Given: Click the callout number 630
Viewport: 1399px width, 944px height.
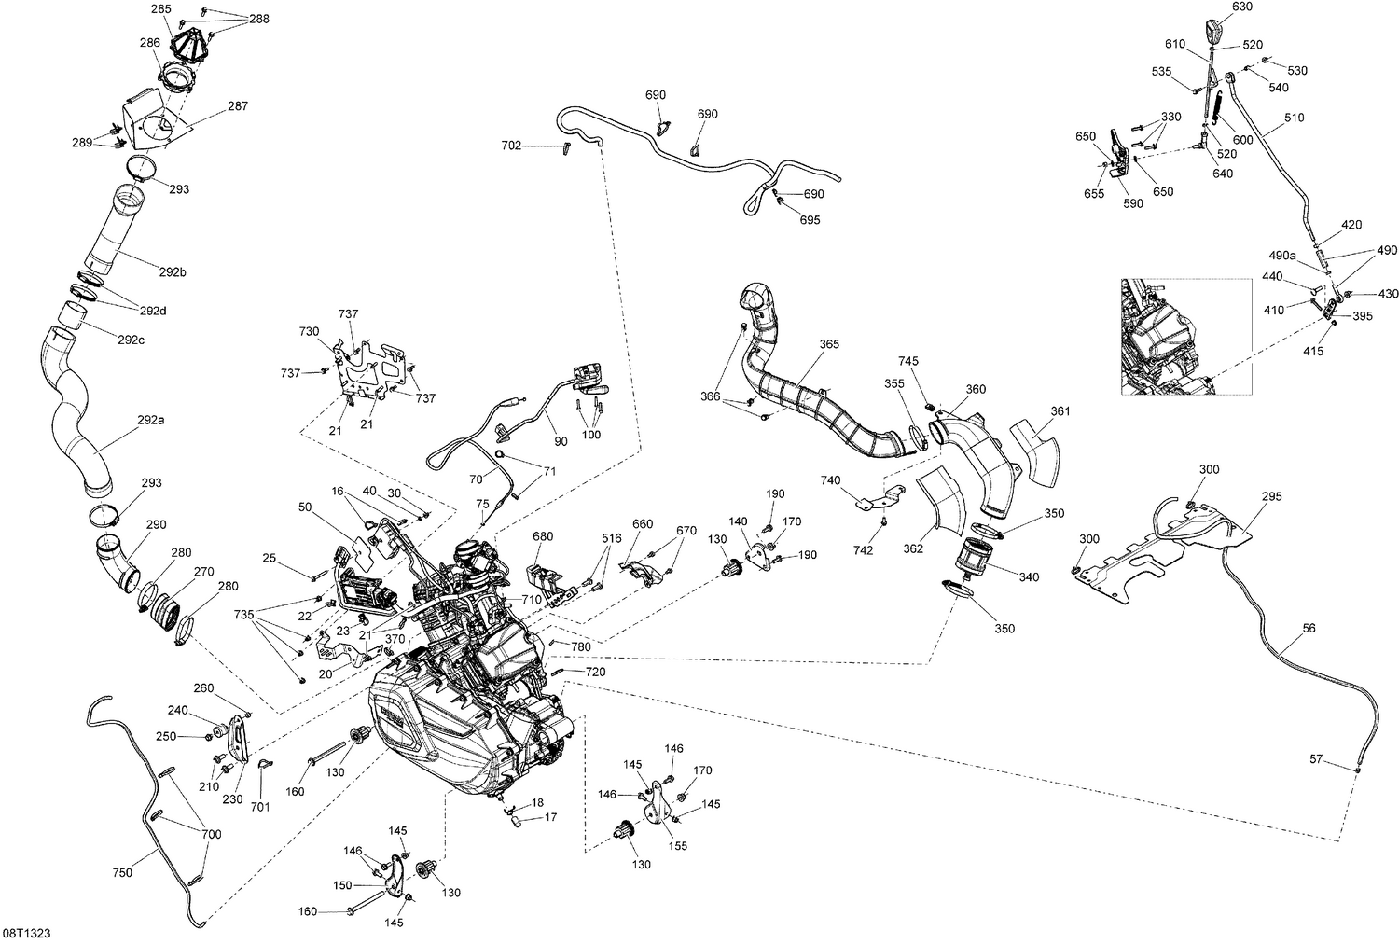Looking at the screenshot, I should click(1241, 7).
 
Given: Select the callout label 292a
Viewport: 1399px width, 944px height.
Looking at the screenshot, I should click(150, 421).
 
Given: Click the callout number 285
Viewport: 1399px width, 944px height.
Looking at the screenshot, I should click(160, 9).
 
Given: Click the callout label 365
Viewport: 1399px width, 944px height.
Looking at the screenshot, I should click(829, 344).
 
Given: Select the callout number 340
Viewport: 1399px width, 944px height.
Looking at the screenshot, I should click(1028, 577).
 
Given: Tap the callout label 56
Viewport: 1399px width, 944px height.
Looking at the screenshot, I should click(1309, 629).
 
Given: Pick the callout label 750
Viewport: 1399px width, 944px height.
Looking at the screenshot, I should click(122, 872).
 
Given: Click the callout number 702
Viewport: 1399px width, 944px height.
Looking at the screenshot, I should click(511, 146).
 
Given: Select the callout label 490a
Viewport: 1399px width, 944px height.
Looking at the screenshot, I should click(1282, 256).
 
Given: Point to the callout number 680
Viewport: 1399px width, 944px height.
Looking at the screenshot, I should click(543, 537).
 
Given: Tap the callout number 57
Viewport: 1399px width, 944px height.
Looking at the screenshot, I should click(1315, 760).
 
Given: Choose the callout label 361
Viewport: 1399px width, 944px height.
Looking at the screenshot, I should click(1060, 410).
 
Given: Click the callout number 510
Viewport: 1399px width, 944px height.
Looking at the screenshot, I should click(1294, 118).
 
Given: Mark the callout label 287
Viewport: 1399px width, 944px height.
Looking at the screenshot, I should click(238, 106).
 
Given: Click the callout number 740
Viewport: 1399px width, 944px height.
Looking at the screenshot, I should click(830, 480).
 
